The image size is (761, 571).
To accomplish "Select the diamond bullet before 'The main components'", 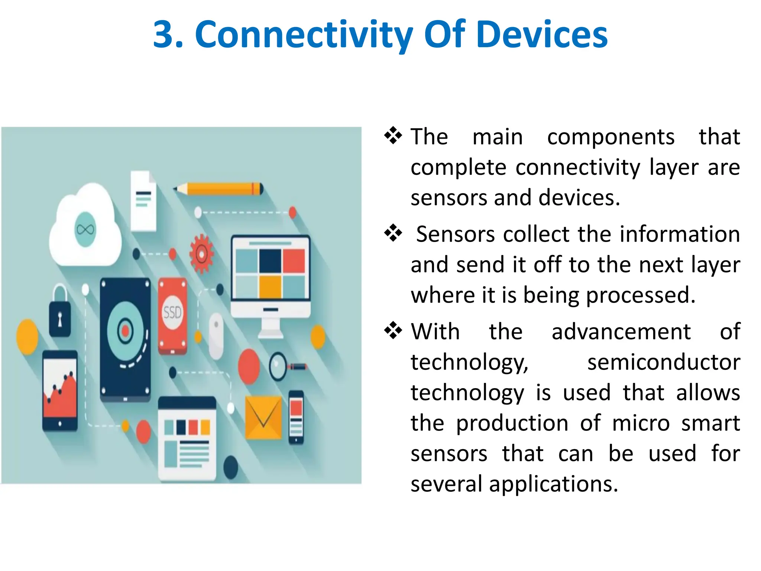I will tap(393, 136).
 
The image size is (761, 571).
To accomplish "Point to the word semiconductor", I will tap(663, 362).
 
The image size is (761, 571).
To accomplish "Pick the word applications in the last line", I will tap(553, 484).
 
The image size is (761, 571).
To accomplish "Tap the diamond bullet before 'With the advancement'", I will tap(393, 330).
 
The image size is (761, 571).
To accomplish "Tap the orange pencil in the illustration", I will tap(219, 189).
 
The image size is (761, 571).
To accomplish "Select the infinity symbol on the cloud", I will tap(85, 230).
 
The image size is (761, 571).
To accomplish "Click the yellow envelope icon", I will tap(263, 417).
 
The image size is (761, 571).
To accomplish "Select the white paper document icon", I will tap(143, 201).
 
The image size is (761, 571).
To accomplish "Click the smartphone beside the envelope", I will tap(296, 417).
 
